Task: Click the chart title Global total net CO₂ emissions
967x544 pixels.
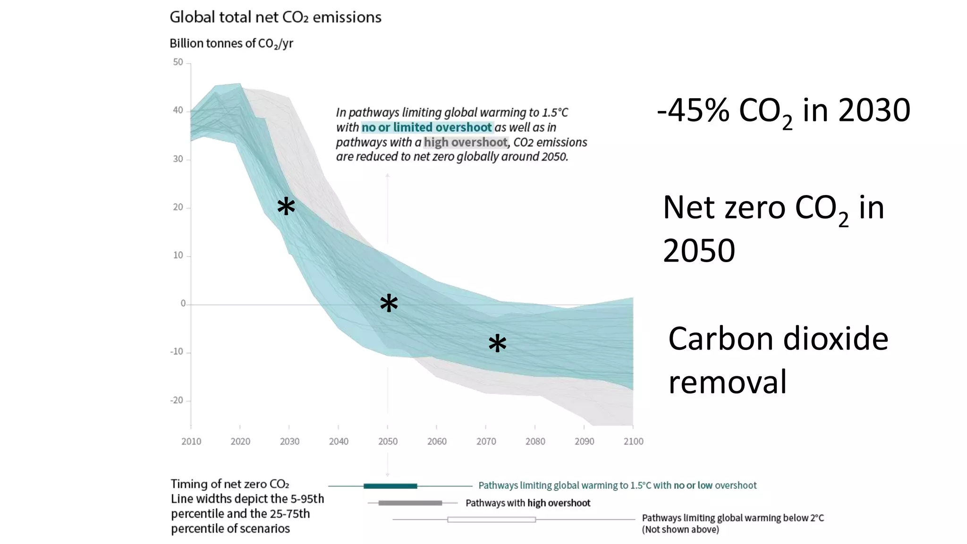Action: tap(275, 17)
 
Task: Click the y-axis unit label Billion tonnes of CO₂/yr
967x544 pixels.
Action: tap(231, 43)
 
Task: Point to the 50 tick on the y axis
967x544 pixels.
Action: tap(178, 62)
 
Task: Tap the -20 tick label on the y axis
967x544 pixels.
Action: tap(177, 400)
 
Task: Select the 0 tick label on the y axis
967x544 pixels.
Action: tap(183, 304)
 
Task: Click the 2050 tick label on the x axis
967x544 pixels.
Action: tap(388, 442)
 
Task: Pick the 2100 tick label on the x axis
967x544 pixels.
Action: tap(633, 442)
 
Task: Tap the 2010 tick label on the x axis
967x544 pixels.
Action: tap(191, 442)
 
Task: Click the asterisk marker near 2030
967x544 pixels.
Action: tap(286, 207)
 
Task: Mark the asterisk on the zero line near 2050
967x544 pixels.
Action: tap(389, 303)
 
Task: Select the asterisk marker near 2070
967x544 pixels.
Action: tap(497, 344)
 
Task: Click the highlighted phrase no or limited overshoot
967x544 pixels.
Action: tap(427, 127)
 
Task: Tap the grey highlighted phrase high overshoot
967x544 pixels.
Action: tap(466, 142)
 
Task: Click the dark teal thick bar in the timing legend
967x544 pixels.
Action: tap(390, 486)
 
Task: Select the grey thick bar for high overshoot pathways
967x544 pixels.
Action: tap(410, 503)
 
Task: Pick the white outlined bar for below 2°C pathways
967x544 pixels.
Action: tap(492, 519)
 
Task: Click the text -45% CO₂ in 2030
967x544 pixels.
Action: tap(783, 111)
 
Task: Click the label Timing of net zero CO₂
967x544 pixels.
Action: tap(229, 484)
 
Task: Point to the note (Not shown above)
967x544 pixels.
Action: tap(680, 530)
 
